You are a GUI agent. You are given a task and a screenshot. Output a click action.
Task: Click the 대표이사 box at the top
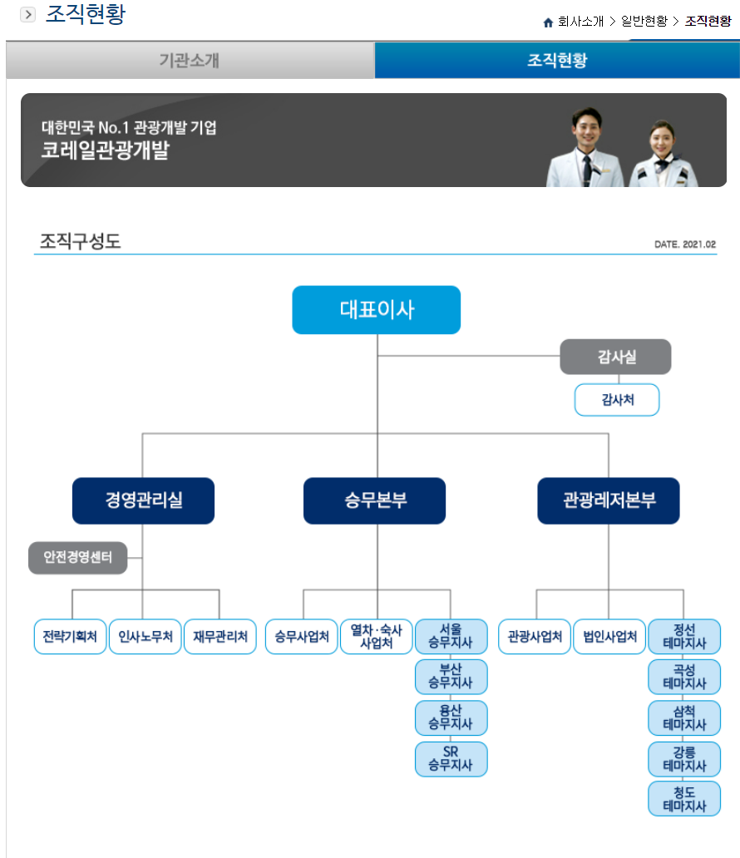376,310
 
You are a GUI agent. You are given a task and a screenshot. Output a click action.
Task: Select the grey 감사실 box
614,357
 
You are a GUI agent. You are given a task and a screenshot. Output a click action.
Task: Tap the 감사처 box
616,400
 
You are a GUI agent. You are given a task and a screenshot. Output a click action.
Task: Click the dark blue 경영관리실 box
143,500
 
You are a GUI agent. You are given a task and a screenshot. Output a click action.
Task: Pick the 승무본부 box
374,500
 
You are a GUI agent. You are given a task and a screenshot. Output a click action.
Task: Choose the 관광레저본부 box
608,500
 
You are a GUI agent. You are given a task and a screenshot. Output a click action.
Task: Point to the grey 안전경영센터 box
78,557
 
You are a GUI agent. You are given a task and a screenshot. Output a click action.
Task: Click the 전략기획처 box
70,637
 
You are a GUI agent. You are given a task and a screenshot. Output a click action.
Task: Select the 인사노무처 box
145,637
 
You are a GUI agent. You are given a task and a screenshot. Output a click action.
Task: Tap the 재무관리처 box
220,637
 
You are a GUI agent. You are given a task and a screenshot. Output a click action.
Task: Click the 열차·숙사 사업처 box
376,637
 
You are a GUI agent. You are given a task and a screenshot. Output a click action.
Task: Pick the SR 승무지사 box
451,759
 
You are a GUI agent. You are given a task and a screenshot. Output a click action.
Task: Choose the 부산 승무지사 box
451,677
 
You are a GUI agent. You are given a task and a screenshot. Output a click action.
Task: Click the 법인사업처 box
609,637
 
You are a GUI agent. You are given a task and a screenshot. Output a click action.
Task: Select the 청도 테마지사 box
684,799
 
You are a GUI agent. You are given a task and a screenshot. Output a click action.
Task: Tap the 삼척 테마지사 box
684,717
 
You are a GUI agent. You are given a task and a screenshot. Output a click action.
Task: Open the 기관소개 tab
190,61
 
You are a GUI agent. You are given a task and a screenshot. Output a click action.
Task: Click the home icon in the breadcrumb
548,22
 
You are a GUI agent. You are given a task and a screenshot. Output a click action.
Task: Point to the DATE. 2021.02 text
685,244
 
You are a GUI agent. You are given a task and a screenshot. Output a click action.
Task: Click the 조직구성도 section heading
81,242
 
